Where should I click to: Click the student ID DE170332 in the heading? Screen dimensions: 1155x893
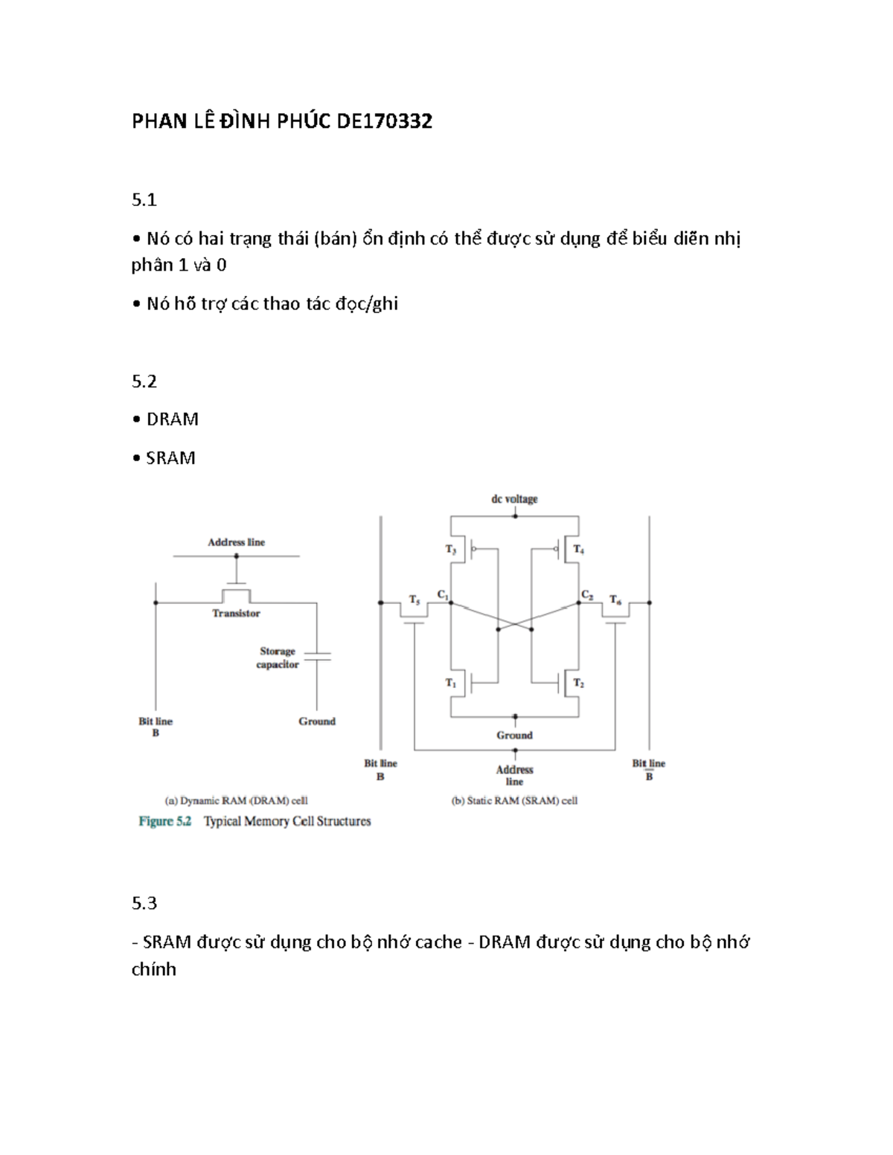point(384,121)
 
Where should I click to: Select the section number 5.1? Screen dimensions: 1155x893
point(144,199)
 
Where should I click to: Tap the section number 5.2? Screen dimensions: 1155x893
point(144,382)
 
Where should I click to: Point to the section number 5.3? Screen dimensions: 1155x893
point(144,903)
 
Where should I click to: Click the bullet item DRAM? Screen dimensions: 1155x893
point(172,419)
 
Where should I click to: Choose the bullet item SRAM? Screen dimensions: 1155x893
point(170,458)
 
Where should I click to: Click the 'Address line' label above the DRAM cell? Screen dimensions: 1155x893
point(236,542)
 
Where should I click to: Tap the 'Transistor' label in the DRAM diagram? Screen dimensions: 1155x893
point(236,614)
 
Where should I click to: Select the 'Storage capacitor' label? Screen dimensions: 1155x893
point(278,657)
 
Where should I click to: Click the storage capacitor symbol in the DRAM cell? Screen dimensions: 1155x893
point(318,656)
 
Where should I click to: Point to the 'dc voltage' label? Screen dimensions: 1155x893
point(514,499)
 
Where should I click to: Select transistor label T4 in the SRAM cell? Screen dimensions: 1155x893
point(578,550)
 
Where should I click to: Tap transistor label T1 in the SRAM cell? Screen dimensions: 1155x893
point(451,683)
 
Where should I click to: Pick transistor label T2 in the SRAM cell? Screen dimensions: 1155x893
point(578,683)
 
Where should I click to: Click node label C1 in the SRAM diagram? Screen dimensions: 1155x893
point(443,594)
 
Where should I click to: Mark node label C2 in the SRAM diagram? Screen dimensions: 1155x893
point(587,594)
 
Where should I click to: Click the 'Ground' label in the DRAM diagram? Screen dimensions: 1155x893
point(317,721)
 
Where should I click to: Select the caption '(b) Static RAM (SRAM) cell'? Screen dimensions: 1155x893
point(514,801)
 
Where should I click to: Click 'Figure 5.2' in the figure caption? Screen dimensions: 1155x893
point(165,821)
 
